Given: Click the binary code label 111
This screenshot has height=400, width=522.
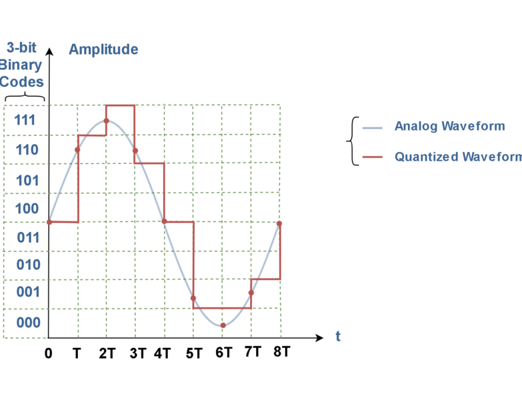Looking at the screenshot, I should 25,121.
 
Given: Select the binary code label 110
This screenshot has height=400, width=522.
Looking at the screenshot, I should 27,150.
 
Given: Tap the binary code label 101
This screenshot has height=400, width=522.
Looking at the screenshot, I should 27,180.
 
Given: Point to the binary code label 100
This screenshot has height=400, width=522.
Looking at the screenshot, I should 27,209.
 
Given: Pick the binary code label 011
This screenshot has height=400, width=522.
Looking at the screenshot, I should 27,237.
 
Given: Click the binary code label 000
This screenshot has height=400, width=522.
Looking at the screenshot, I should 28,323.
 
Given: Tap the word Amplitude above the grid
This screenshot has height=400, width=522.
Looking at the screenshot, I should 103,49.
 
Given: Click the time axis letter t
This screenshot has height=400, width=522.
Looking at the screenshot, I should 338,337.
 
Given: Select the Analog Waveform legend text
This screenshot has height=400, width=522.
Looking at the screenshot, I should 449,126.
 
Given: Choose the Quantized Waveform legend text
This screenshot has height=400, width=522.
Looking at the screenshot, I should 457,157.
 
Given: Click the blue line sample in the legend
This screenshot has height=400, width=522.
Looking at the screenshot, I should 373,127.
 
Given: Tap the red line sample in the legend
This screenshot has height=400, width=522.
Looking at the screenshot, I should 373,157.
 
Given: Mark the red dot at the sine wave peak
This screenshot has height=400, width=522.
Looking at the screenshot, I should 106,121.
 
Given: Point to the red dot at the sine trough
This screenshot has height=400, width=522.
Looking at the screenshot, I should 223,325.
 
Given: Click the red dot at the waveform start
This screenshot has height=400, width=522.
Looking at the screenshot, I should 49,222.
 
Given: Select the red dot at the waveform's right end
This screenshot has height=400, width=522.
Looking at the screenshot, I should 279,223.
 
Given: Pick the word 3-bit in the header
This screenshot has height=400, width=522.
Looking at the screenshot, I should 21,48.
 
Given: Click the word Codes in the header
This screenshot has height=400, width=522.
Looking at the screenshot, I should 22,82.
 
